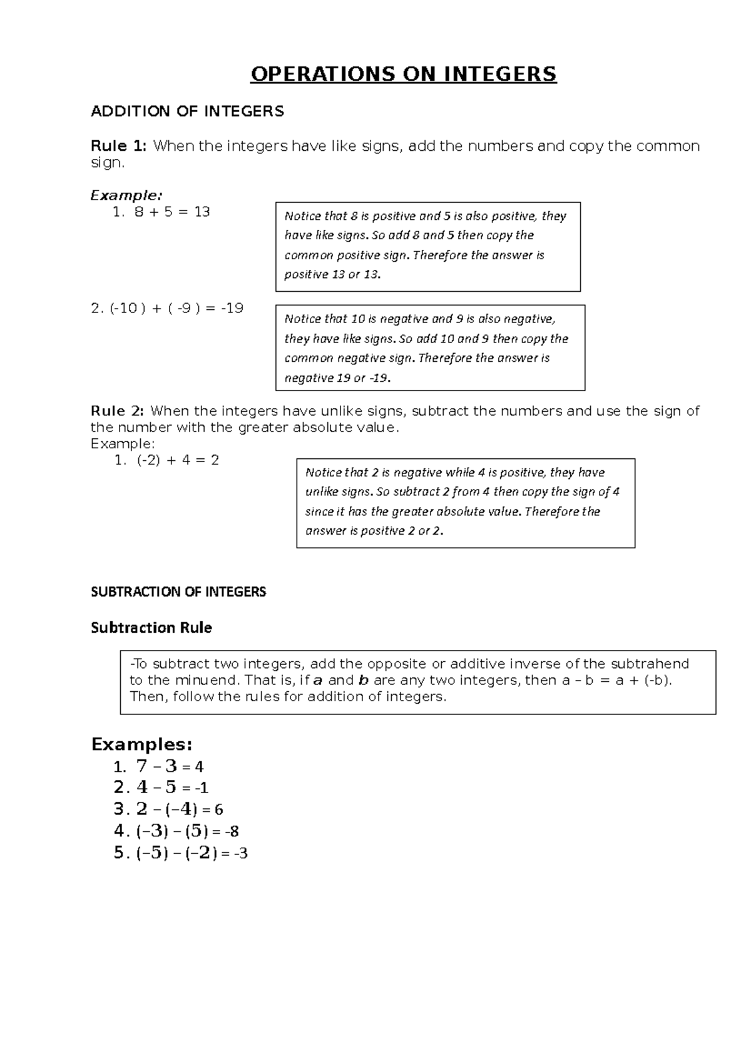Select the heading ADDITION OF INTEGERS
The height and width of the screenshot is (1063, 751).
[x=187, y=111]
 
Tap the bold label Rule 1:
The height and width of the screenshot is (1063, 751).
[x=119, y=146]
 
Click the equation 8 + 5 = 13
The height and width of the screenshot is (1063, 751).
[x=171, y=212]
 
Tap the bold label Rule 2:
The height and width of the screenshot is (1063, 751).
[x=118, y=411]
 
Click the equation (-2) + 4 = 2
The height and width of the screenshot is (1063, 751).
[x=178, y=460]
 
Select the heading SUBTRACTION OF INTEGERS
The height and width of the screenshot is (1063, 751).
[x=178, y=592]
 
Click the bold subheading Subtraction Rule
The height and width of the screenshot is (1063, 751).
[x=151, y=628]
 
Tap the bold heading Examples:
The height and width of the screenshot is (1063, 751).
[x=141, y=744]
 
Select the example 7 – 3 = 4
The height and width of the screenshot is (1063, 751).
[x=169, y=767]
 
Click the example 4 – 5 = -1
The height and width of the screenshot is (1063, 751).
[x=172, y=788]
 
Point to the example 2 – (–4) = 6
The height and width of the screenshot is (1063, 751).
[x=179, y=809]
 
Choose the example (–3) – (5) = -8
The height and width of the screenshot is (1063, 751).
[x=186, y=831]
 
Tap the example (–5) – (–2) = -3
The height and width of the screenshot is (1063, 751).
[x=191, y=853]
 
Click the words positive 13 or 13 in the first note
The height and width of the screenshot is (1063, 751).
[x=332, y=275]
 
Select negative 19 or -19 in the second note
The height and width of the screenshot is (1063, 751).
[x=337, y=378]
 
